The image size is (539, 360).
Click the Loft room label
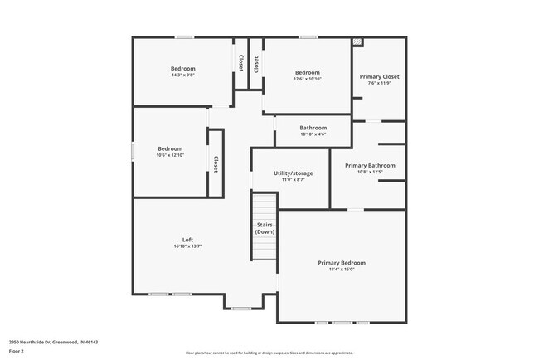click(187, 239)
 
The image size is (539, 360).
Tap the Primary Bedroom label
click(341, 263)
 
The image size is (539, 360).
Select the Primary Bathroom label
click(370, 165)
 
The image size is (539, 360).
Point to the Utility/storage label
click(294, 173)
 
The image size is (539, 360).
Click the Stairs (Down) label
click(265, 227)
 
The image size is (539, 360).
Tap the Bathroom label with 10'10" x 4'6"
click(313, 128)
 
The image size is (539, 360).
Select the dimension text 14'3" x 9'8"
click(182, 75)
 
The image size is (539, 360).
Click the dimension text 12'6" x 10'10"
click(307, 80)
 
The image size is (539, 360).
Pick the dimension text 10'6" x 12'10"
click(170, 155)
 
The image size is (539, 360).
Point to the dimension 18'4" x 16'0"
click(341, 270)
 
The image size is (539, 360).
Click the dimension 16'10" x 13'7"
click(187, 246)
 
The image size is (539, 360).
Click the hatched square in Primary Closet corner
click(357, 41)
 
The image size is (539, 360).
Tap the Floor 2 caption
click(17, 351)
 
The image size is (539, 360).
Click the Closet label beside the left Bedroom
click(216, 164)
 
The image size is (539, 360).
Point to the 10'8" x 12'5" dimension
click(370, 172)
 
